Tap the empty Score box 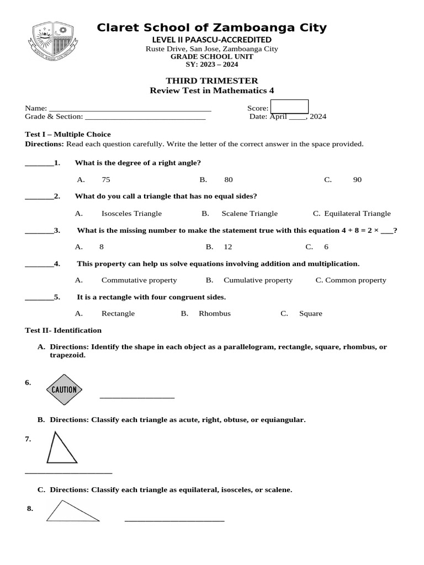[x=289, y=106]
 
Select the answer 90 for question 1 [x=357, y=180]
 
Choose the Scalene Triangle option [x=250, y=214]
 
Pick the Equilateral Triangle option [x=357, y=214]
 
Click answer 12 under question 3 [x=228, y=247]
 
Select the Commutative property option [x=139, y=280]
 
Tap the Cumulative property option [x=258, y=280]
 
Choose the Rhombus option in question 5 [x=215, y=313]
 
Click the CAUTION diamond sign [x=64, y=390]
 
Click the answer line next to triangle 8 [x=174, y=520]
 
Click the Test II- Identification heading [x=63, y=331]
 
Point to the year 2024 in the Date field [x=318, y=116]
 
